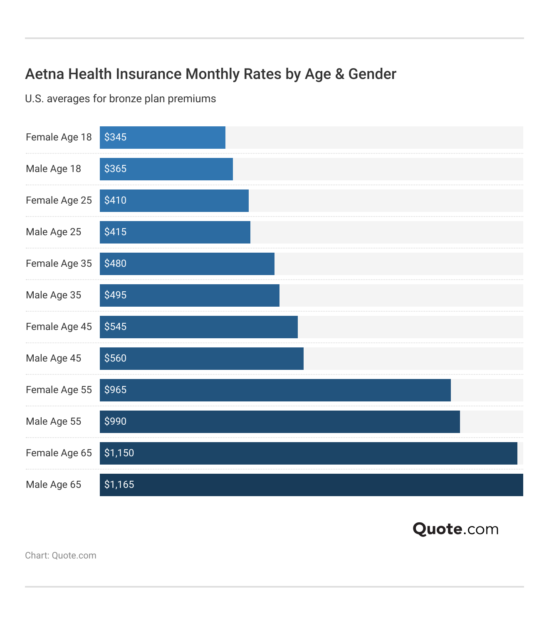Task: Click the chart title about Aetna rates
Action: point(210,74)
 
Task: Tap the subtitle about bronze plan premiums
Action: point(120,99)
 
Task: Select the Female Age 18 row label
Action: point(59,137)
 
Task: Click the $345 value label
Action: point(115,137)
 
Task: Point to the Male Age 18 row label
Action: point(53,169)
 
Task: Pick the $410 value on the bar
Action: point(115,200)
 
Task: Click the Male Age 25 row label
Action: point(53,232)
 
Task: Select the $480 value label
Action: point(115,263)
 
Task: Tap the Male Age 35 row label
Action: point(53,295)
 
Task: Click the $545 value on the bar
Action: point(115,327)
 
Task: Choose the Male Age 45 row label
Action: point(53,358)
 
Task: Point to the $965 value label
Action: point(115,390)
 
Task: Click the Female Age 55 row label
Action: point(59,390)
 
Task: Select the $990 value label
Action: point(115,421)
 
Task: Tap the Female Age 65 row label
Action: point(59,453)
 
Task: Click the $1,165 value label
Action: point(119,485)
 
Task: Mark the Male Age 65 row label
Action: point(53,485)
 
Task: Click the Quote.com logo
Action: point(455,529)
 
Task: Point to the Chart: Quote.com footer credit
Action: point(60,556)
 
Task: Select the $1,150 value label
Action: point(119,453)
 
